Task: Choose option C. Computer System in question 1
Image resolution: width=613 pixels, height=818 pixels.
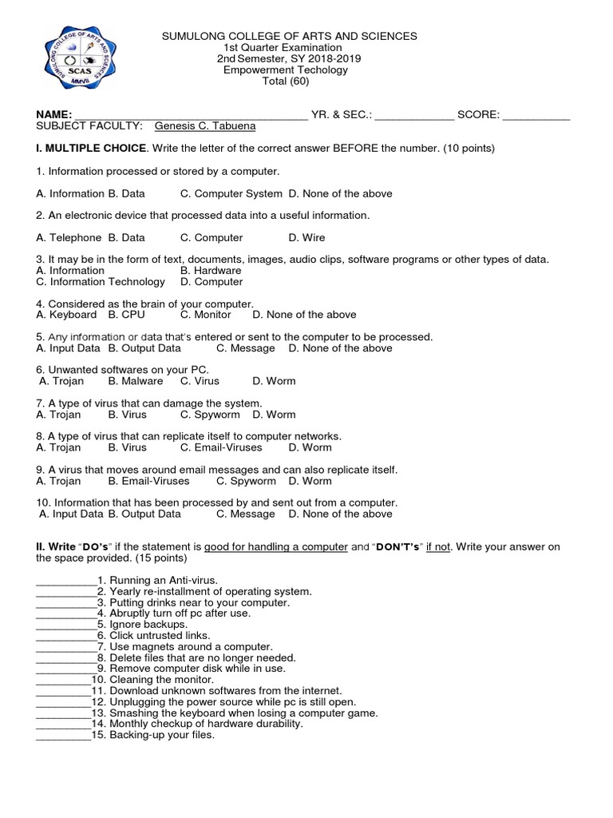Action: pyautogui.click(x=231, y=193)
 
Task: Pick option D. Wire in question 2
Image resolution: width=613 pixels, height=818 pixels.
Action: pyautogui.click(x=306, y=237)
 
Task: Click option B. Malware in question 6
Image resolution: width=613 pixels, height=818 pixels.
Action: pyautogui.click(x=136, y=381)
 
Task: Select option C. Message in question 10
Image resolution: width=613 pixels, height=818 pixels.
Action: pyautogui.click(x=246, y=514)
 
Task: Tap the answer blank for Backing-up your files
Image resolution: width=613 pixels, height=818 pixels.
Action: pyautogui.click(x=63, y=736)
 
